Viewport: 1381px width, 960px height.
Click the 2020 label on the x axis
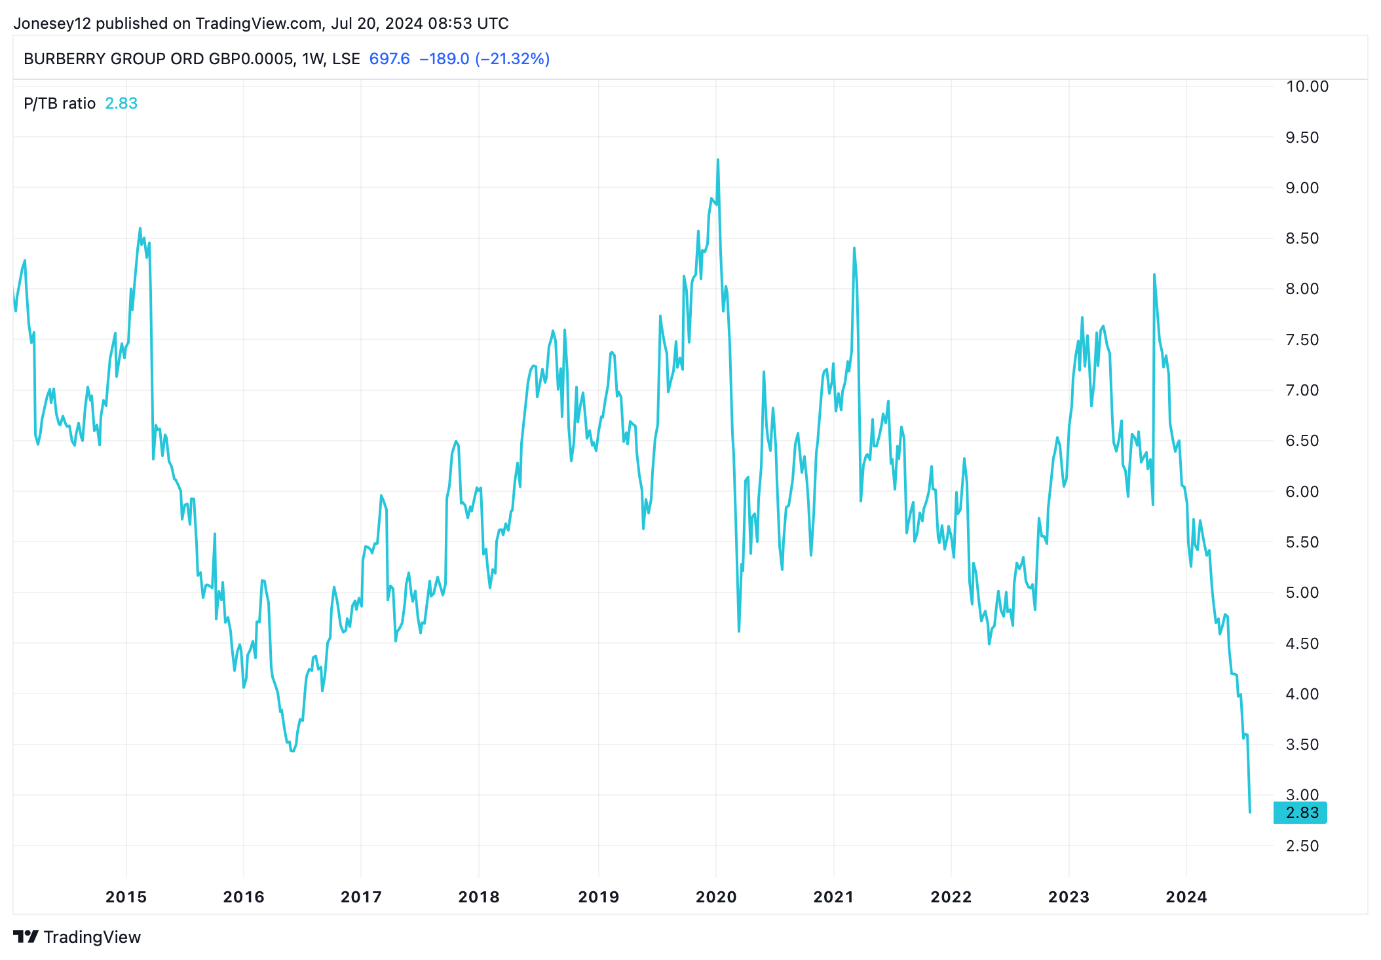click(716, 896)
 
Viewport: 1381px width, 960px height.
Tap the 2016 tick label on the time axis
click(243, 896)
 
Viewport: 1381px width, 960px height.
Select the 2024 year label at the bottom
click(1186, 896)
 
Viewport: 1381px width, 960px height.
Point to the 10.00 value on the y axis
click(1306, 86)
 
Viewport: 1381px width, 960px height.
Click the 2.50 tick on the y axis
click(1302, 845)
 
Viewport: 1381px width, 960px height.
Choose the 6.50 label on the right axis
click(1302, 441)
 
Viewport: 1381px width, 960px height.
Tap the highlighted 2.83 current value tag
click(1300, 813)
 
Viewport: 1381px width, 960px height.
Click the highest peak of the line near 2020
click(718, 160)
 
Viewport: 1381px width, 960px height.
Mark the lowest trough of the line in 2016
click(292, 750)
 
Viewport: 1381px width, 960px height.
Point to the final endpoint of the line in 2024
click(1250, 812)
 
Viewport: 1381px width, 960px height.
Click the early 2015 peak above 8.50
click(140, 229)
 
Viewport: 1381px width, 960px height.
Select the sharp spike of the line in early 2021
click(854, 248)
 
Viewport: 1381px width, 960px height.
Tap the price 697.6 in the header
click(389, 59)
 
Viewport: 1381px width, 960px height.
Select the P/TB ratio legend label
click(60, 103)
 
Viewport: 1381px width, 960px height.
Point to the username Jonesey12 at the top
click(52, 24)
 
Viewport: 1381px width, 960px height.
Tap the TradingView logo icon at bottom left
click(26, 936)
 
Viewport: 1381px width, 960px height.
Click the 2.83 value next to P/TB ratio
click(121, 103)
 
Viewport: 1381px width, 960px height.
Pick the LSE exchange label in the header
click(346, 59)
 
